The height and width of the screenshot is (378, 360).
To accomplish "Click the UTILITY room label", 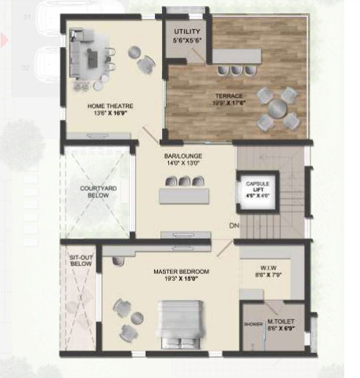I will (186, 31).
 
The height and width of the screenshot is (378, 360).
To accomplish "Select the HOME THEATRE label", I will (110, 105).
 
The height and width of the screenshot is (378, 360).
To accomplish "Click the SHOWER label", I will (253, 324).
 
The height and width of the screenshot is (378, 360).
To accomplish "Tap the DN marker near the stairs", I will (233, 226).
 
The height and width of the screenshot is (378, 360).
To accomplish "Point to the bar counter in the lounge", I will (184, 195).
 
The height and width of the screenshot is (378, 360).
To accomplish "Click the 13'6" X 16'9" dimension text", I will (111, 113).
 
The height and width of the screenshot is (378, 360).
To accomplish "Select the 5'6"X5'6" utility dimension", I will (186, 38).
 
